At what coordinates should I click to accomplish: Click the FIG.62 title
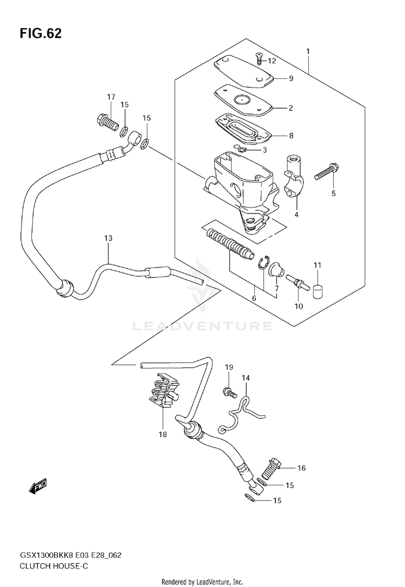(x=40, y=34)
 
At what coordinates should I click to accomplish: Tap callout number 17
(x=111, y=97)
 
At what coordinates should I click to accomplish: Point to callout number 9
(x=291, y=78)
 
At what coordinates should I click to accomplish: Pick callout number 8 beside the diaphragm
(x=291, y=136)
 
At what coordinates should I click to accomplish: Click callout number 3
(x=265, y=150)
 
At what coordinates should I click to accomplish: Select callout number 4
(x=296, y=214)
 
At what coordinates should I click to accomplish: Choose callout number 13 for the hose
(x=108, y=238)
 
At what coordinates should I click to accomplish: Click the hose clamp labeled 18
(x=165, y=393)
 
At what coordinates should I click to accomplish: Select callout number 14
(x=246, y=378)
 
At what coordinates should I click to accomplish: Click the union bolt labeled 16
(x=273, y=465)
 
